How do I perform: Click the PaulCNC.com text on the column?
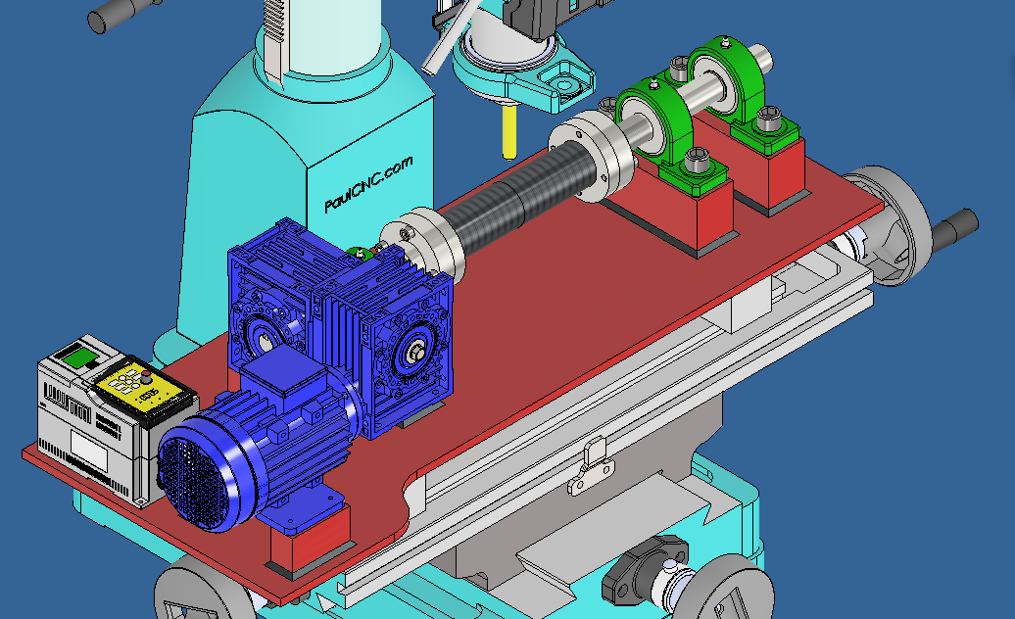[x=368, y=184]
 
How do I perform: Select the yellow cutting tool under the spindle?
[x=507, y=131]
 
